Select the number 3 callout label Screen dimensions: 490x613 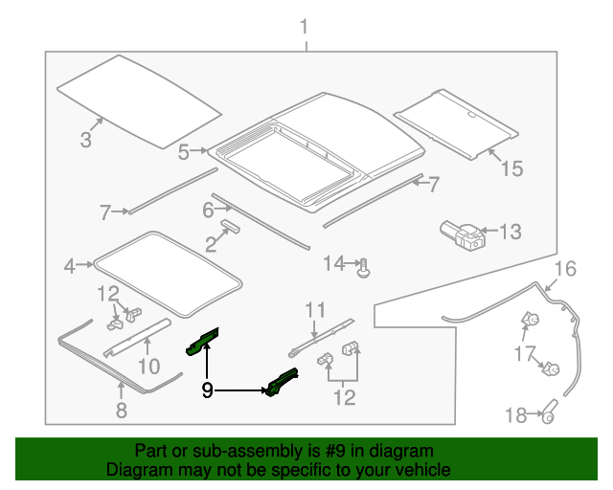(85, 142)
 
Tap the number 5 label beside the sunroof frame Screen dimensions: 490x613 (183, 151)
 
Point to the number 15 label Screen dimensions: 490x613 (511, 169)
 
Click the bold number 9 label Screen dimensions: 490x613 (207, 390)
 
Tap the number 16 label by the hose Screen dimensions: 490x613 (566, 269)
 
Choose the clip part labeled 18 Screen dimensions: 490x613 (550, 414)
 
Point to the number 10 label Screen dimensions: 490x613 (148, 366)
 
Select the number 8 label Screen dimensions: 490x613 (121, 412)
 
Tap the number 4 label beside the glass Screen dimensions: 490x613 (69, 266)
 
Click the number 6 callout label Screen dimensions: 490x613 (207, 210)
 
